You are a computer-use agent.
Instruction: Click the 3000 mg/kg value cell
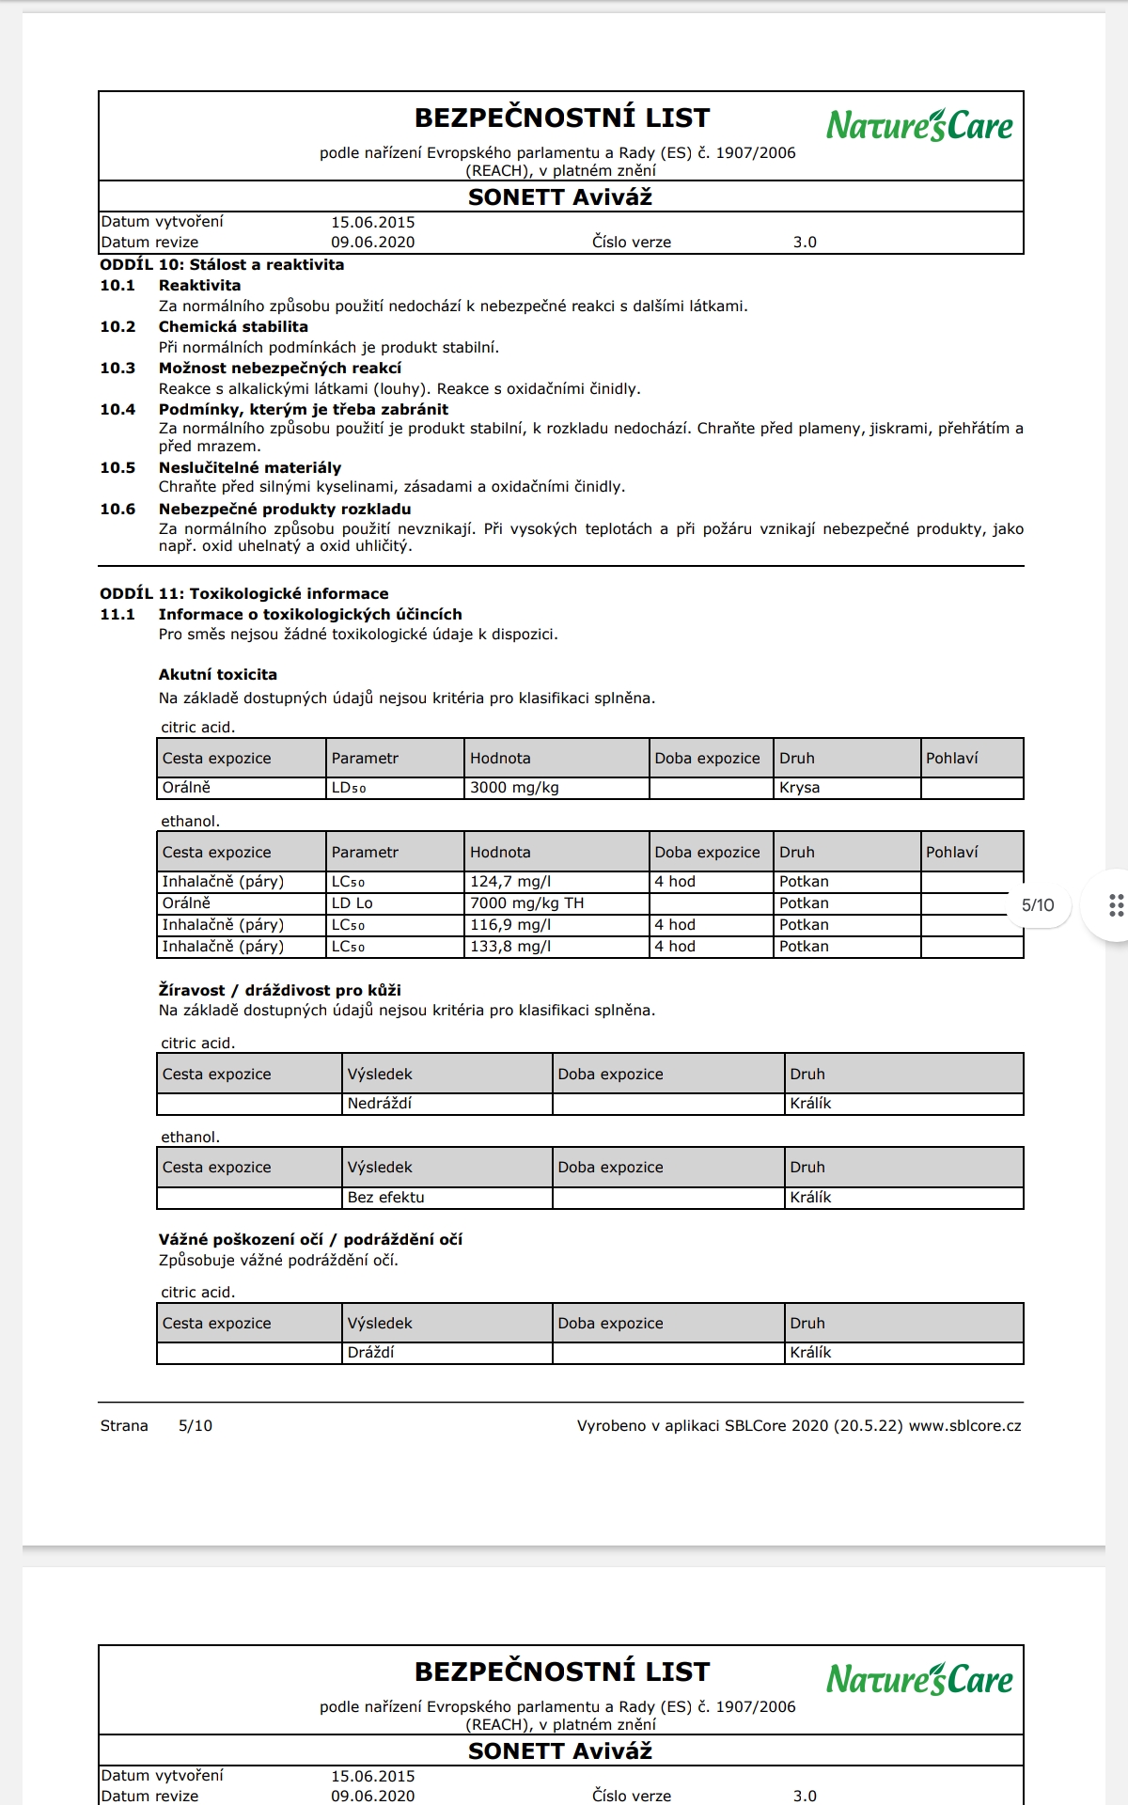(x=514, y=788)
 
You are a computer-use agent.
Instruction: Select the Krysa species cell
(x=799, y=788)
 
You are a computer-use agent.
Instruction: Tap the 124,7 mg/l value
(x=510, y=882)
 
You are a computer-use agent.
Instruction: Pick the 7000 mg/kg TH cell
(x=526, y=903)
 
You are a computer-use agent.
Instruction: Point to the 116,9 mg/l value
(x=510, y=925)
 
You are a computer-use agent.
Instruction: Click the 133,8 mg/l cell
(x=510, y=947)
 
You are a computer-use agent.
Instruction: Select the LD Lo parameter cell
(x=352, y=903)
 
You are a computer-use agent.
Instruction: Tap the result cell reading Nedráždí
(x=380, y=1104)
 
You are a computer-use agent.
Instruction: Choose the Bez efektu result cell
(x=385, y=1198)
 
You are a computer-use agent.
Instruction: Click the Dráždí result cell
(x=370, y=1353)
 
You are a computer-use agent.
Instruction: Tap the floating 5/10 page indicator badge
(x=1038, y=905)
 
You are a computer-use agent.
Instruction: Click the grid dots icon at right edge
(x=1116, y=905)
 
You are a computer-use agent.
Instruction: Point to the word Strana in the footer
(x=124, y=1426)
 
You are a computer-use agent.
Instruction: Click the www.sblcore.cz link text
(x=964, y=1426)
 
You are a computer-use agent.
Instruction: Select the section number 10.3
(x=117, y=369)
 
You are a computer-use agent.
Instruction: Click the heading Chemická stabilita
(x=233, y=327)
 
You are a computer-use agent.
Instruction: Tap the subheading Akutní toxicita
(x=217, y=675)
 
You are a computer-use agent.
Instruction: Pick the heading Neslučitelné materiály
(x=249, y=468)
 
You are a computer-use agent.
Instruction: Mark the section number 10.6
(x=117, y=510)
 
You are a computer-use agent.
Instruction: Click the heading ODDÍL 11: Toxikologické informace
(x=243, y=594)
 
